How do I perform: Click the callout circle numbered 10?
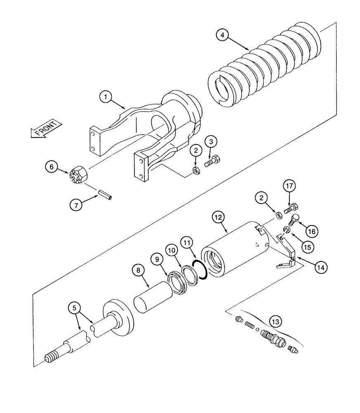coord(173,251)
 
